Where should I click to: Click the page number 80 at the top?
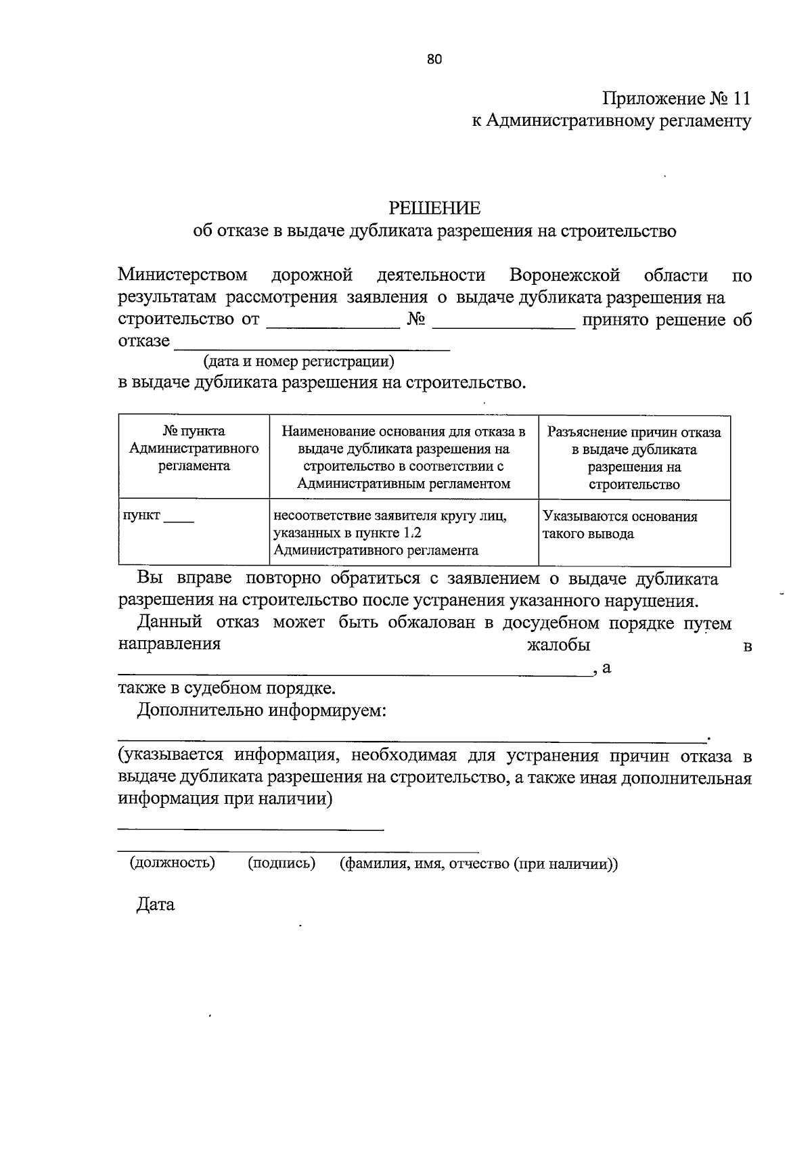(434, 60)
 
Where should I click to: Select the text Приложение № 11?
(676, 99)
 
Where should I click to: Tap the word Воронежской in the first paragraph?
(564, 275)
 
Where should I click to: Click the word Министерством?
(183, 275)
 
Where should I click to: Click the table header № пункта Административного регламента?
(194, 449)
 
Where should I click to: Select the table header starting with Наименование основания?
(403, 457)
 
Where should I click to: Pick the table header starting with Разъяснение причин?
(634, 457)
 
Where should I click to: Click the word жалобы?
(558, 645)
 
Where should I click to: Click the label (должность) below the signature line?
(173, 863)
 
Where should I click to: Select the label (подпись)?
(281, 863)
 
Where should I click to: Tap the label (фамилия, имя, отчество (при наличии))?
(478, 863)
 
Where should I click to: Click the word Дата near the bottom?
(156, 905)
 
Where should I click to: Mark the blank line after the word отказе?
(312, 346)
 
